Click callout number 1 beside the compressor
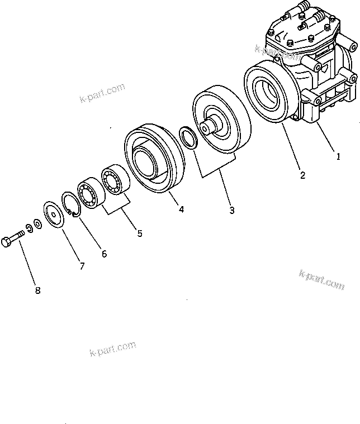[338, 158]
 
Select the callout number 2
[302, 175]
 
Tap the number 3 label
[231, 211]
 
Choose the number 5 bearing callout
[140, 233]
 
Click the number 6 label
[104, 253]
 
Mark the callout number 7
[82, 266]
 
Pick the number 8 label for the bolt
[38, 290]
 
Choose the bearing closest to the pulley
[115, 180]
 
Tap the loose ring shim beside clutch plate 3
[187, 137]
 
